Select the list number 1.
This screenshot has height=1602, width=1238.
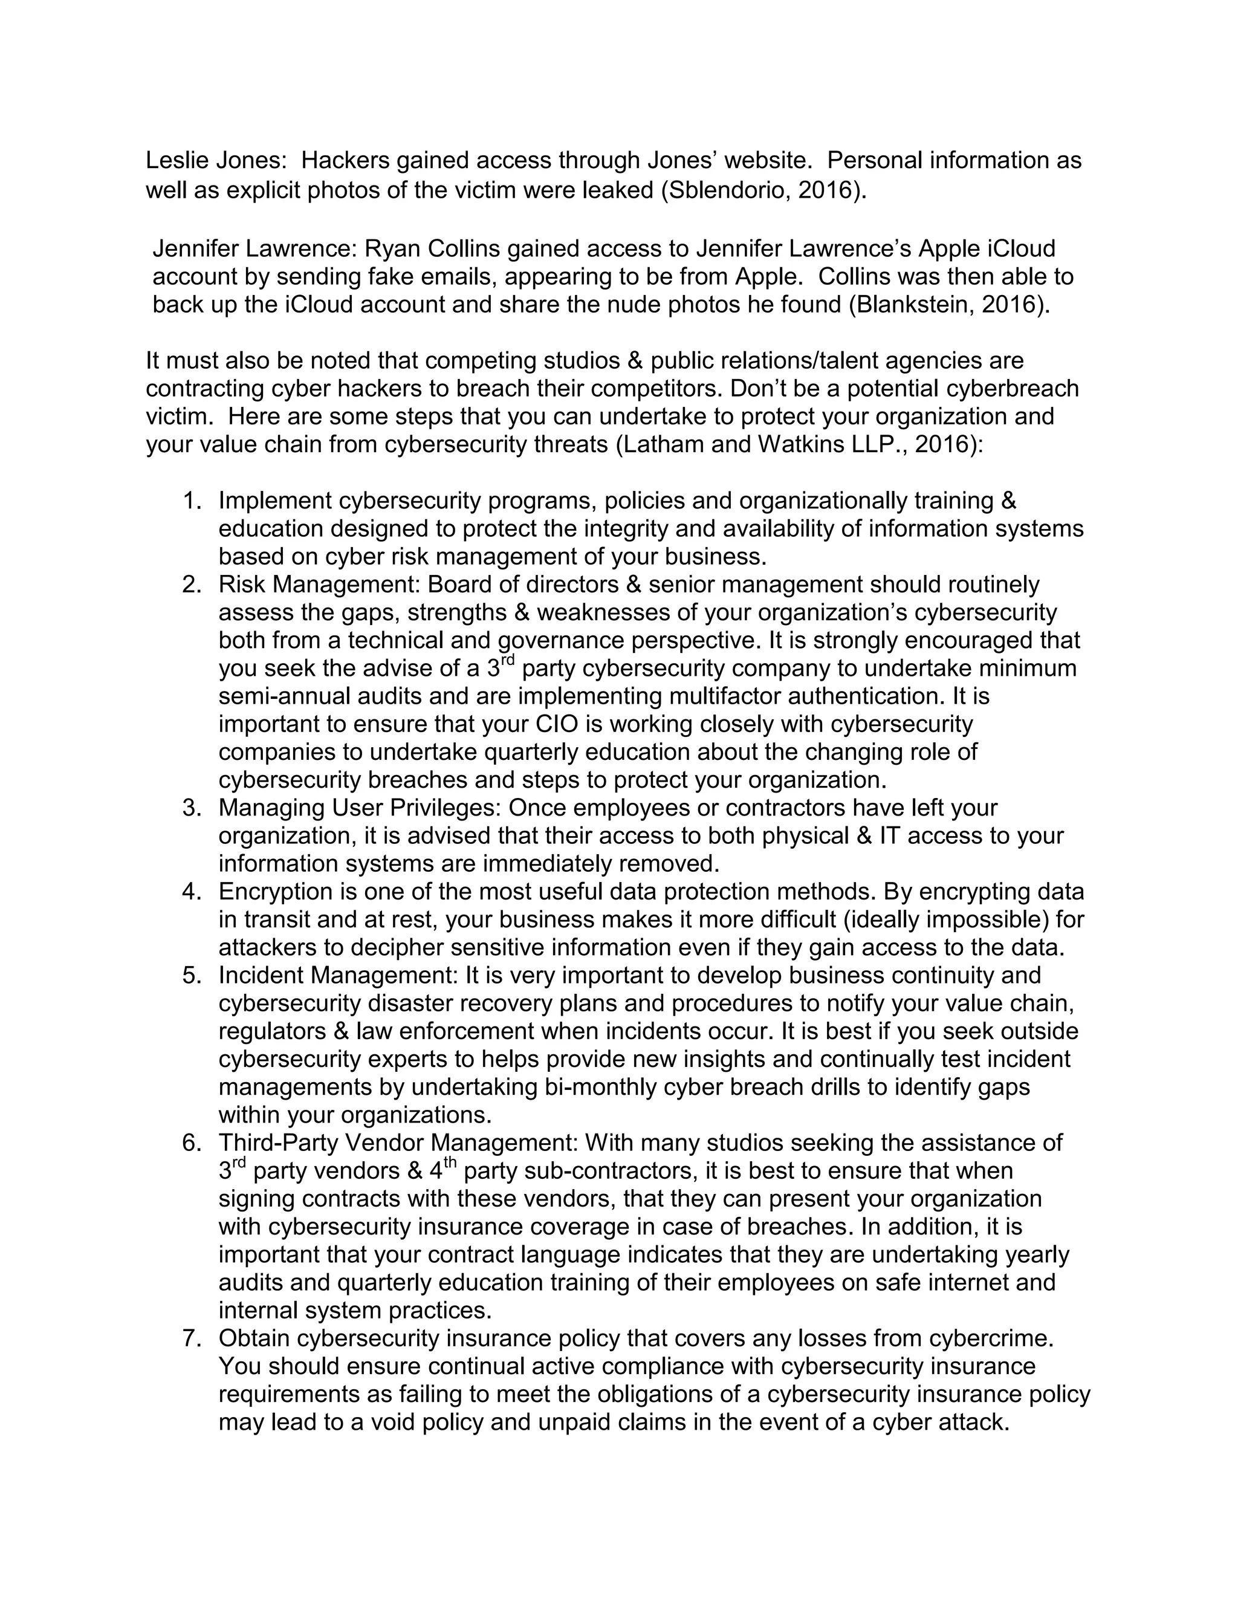point(192,501)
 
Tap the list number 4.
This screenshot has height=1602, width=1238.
point(192,892)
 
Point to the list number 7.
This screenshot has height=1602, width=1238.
point(192,1338)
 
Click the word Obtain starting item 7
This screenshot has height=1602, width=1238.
point(254,1338)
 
